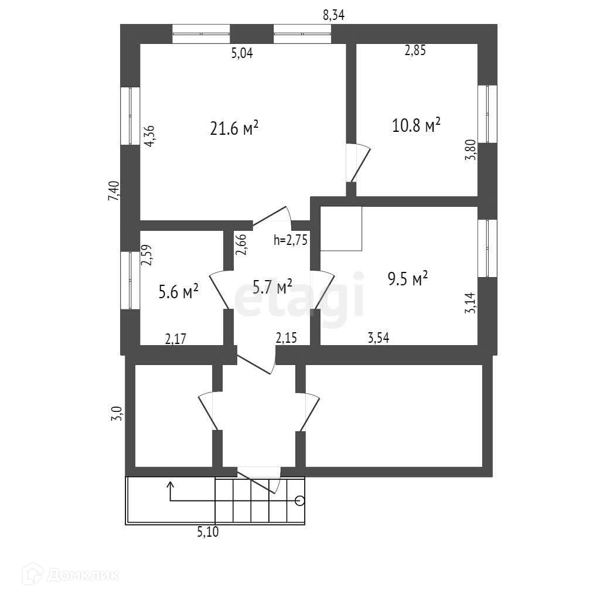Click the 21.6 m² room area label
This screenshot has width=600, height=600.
pos(234,128)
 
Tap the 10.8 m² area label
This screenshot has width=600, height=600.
pos(416,126)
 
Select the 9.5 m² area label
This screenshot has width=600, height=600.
pos(407,279)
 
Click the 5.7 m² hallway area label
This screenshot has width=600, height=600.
pos(272,287)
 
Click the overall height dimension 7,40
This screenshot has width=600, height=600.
pos(114,191)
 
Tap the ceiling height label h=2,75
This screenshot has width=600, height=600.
pos(291,239)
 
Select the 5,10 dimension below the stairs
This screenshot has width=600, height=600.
pos(209,532)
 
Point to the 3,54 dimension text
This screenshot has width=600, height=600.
pos(379,337)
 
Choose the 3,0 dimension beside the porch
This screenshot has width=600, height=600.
pos(118,414)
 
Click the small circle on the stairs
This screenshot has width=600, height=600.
pos(300,500)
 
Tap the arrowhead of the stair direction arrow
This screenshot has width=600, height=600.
pos(171,484)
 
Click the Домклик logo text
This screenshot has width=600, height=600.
pos(83,574)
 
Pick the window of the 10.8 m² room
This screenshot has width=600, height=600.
pos(487,114)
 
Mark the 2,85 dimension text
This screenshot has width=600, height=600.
pos(415,50)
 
